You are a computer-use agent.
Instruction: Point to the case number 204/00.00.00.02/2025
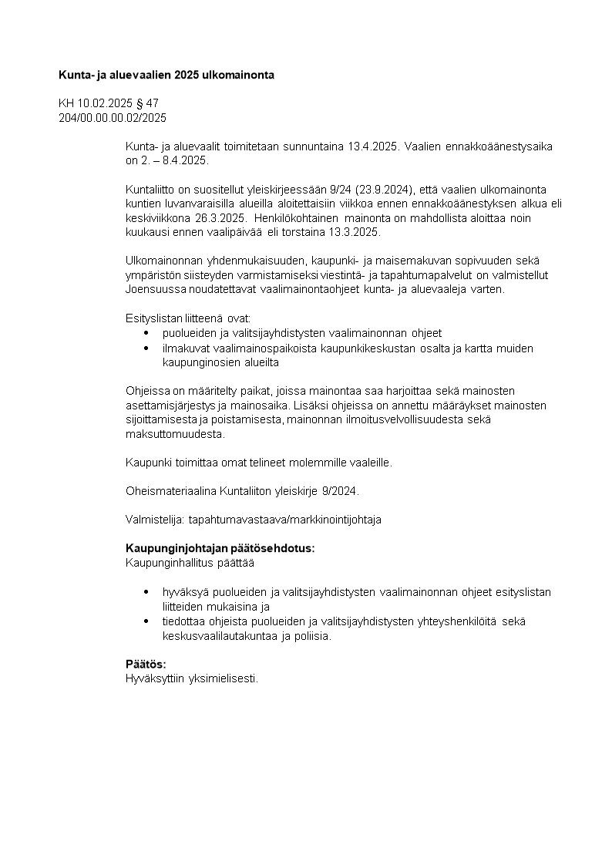113,118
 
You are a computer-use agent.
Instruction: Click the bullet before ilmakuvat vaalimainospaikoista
146,348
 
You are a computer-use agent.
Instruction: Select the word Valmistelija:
154,520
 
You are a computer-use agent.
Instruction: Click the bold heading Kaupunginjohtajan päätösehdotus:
220,549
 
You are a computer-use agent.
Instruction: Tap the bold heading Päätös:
146,665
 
